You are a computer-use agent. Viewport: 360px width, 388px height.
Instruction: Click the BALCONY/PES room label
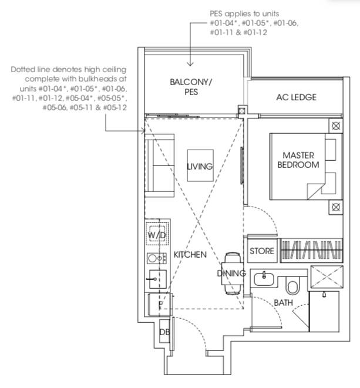191,87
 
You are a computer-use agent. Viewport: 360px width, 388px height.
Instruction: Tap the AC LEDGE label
297,97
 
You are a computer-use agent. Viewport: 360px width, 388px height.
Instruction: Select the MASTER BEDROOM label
298,160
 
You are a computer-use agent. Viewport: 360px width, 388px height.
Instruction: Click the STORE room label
262,251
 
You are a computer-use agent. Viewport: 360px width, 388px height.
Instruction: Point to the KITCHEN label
190,255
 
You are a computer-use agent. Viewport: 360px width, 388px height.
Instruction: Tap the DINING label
231,274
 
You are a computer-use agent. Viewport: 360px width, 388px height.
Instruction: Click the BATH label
284,303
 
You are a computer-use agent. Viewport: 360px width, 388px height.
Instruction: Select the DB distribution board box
164,331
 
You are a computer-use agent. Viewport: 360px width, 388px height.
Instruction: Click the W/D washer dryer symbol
157,234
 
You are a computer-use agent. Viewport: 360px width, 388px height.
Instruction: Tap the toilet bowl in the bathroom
292,286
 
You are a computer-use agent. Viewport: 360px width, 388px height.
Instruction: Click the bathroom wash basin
264,279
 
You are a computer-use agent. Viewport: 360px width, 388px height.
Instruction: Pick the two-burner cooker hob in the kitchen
157,259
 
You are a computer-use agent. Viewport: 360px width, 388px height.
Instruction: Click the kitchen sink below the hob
158,279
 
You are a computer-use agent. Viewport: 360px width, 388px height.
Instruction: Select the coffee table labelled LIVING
200,166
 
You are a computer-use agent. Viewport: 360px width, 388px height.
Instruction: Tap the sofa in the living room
160,166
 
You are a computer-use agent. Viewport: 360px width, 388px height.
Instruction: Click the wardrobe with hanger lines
311,251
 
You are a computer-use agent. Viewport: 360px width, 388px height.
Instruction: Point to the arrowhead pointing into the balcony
190,64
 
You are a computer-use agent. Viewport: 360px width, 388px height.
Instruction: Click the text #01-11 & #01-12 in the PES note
238,32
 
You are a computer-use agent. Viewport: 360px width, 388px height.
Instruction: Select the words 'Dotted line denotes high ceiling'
69,69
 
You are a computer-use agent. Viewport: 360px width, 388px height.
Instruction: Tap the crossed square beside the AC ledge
242,110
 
